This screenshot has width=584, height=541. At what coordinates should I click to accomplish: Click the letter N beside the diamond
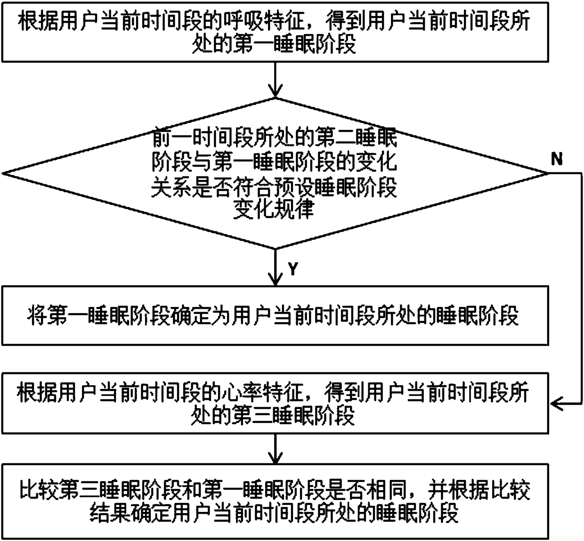[x=557, y=160]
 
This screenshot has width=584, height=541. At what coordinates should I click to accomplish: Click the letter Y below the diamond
[x=293, y=269]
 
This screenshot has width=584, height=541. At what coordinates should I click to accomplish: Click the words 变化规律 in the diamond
[x=274, y=210]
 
